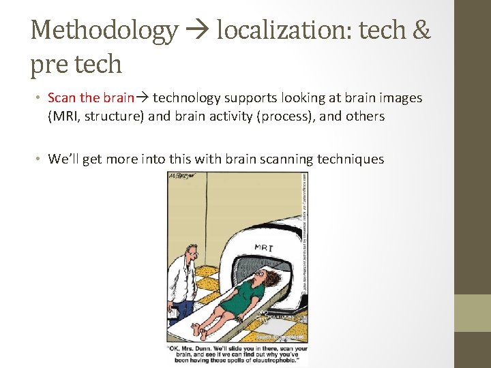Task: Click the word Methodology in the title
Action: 104,30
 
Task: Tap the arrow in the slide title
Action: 197,31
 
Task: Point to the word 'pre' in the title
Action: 48,64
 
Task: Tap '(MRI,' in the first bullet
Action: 64,117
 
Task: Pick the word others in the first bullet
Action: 366,117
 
